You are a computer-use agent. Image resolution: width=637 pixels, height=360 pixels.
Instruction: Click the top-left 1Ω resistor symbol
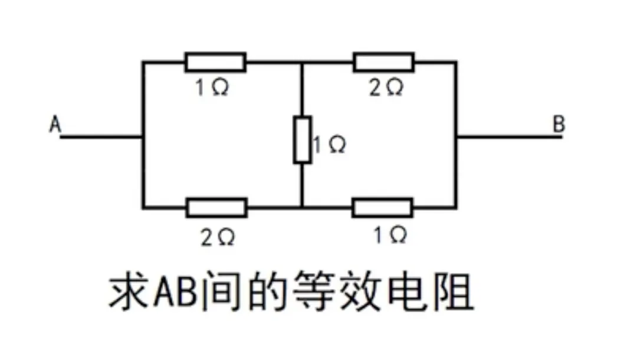pyautogui.click(x=215, y=61)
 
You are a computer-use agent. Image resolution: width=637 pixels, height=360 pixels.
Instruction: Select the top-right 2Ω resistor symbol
pyautogui.click(x=383, y=61)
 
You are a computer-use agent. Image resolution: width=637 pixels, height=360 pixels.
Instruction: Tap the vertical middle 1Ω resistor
pyautogui.click(x=302, y=140)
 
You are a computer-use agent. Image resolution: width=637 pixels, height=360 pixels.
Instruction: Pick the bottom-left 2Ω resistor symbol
pyautogui.click(x=216, y=207)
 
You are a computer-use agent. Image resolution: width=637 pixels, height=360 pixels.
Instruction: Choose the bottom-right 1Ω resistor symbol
pyautogui.click(x=382, y=207)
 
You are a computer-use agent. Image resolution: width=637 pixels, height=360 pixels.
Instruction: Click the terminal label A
pyautogui.click(x=55, y=125)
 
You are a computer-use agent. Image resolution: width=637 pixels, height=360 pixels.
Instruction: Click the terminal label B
pyautogui.click(x=559, y=125)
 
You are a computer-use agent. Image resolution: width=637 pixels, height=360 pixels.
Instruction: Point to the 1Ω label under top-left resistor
pyautogui.click(x=212, y=89)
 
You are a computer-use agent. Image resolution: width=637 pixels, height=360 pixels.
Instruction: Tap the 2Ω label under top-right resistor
pyautogui.click(x=386, y=89)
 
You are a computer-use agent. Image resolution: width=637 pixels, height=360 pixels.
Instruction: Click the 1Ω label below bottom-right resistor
pyautogui.click(x=389, y=235)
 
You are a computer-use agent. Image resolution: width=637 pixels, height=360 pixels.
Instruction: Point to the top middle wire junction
pyautogui.click(x=302, y=61)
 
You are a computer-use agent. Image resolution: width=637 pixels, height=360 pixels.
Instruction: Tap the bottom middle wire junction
pyautogui.click(x=302, y=207)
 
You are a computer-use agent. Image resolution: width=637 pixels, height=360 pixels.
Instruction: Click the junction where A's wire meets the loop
pyautogui.click(x=142, y=137)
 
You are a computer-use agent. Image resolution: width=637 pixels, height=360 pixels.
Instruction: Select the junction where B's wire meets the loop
pyautogui.click(x=456, y=137)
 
